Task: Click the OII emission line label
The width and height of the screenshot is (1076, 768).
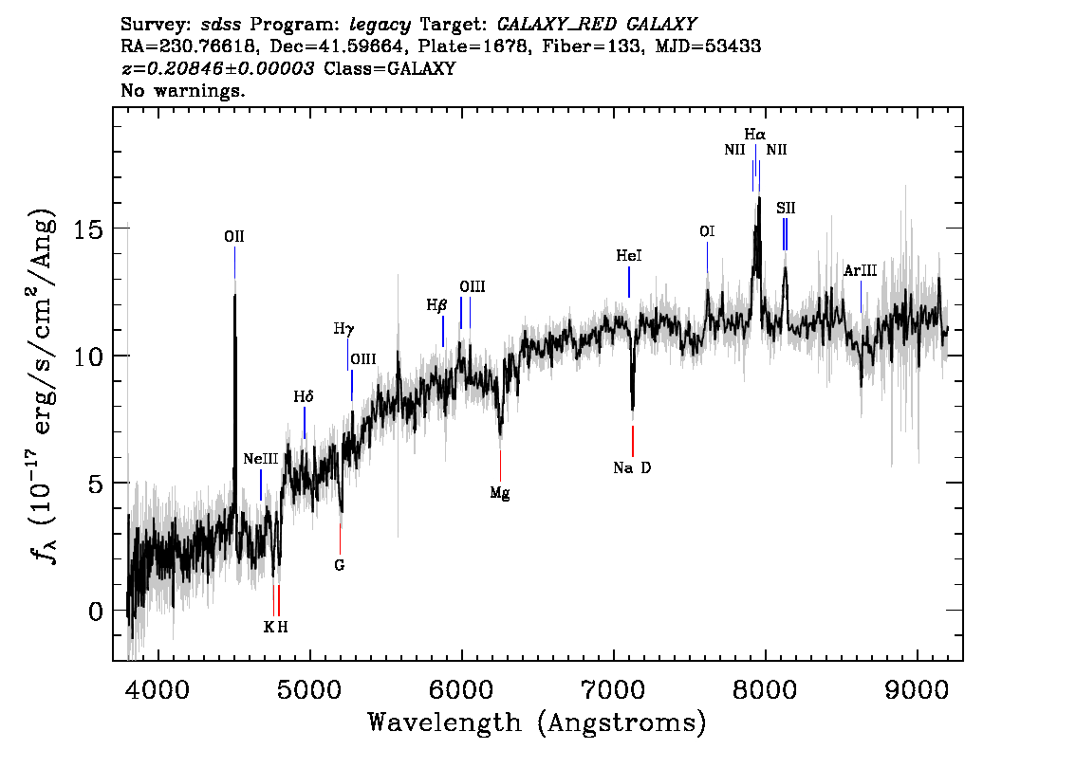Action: (x=234, y=238)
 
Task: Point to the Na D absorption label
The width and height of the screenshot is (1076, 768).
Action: (x=632, y=467)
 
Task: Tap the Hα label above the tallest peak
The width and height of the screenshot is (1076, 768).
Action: (x=754, y=135)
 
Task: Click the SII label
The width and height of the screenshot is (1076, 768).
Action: (x=786, y=207)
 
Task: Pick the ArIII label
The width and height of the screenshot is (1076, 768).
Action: (x=860, y=271)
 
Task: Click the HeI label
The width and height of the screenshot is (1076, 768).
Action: (x=629, y=256)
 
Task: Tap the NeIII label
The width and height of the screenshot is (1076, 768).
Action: (x=261, y=459)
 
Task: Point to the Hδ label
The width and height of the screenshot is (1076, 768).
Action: (x=304, y=397)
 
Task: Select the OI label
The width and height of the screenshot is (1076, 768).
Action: (x=707, y=231)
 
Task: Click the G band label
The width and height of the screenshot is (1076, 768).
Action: (x=339, y=566)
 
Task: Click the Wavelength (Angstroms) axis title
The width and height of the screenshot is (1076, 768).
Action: (x=537, y=722)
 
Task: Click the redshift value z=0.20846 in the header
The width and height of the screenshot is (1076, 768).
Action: (x=217, y=69)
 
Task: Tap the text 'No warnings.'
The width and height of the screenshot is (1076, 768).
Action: (x=183, y=92)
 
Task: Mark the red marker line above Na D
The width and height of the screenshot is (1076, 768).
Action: (x=633, y=441)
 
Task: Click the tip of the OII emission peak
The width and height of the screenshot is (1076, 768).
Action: (x=234, y=295)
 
